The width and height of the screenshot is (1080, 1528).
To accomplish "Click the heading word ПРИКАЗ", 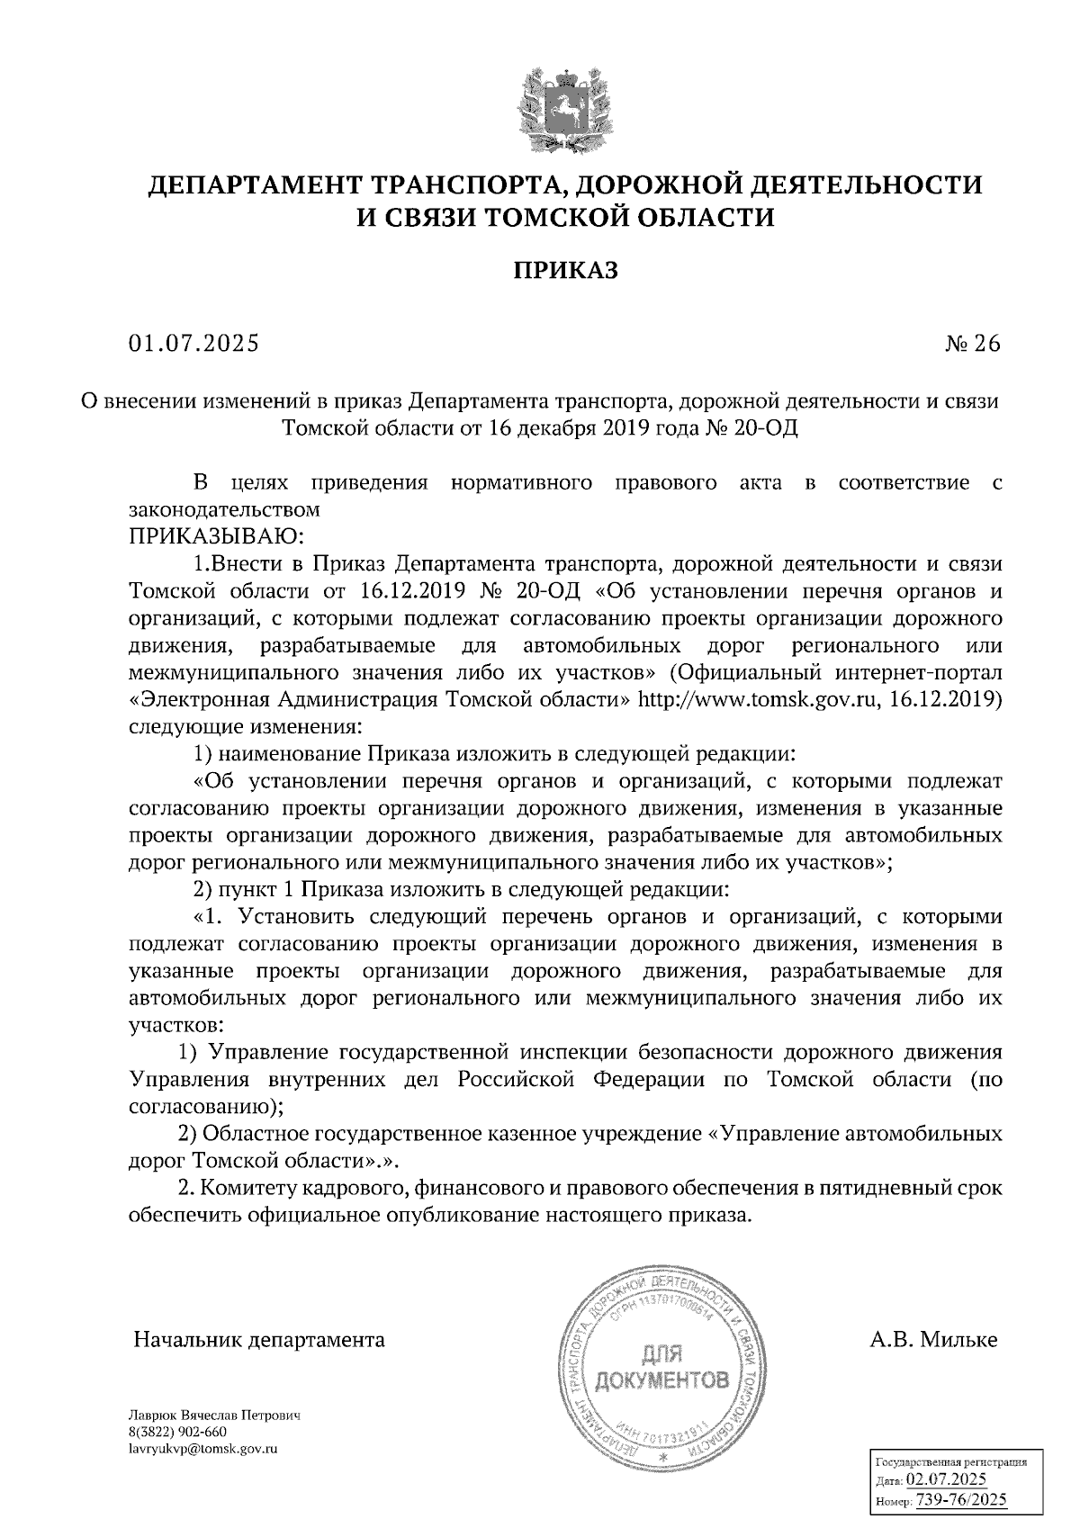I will pyautogui.click(x=566, y=270).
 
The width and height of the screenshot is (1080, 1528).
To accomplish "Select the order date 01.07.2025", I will pyautogui.click(x=193, y=344).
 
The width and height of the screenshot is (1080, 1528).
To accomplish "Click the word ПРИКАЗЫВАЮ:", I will pyautogui.click(x=218, y=537).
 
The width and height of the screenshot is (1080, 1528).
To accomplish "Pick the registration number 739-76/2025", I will pyautogui.click(x=960, y=1499).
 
